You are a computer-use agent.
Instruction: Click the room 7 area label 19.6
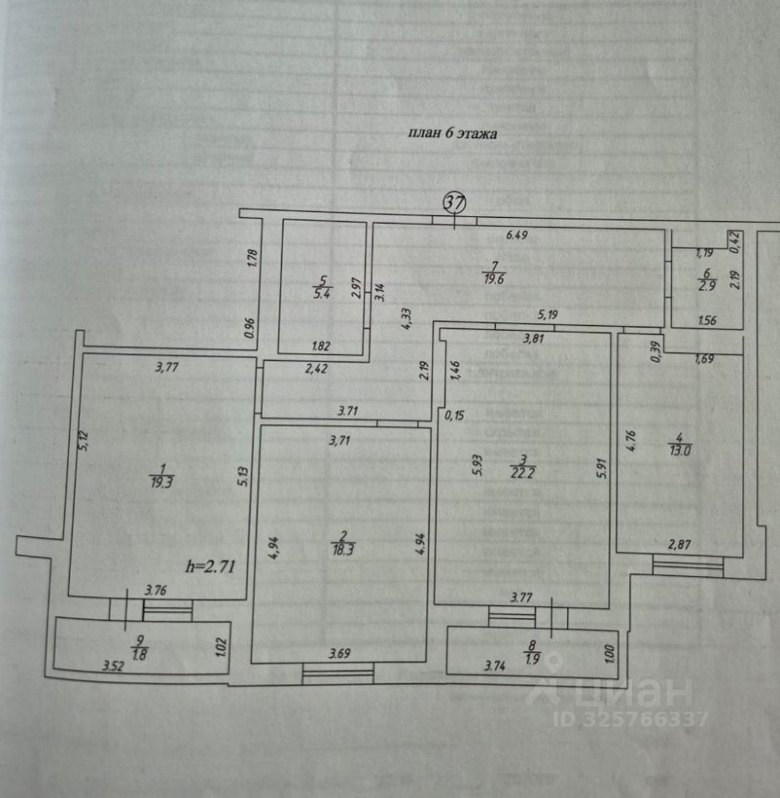tap(494, 279)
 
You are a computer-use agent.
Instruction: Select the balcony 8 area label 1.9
tap(531, 661)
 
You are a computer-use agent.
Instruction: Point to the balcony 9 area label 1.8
tap(138, 653)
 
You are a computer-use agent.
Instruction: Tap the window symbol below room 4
tap(687, 566)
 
